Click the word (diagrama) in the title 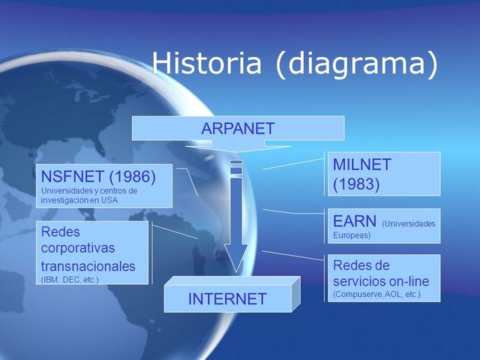coord(355,64)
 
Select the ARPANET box coord(238,128)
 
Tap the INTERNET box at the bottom coord(227,298)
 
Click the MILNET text coord(362,164)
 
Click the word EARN coord(354,222)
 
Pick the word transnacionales coord(88,265)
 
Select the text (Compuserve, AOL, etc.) coord(376,295)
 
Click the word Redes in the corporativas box coord(61,232)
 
